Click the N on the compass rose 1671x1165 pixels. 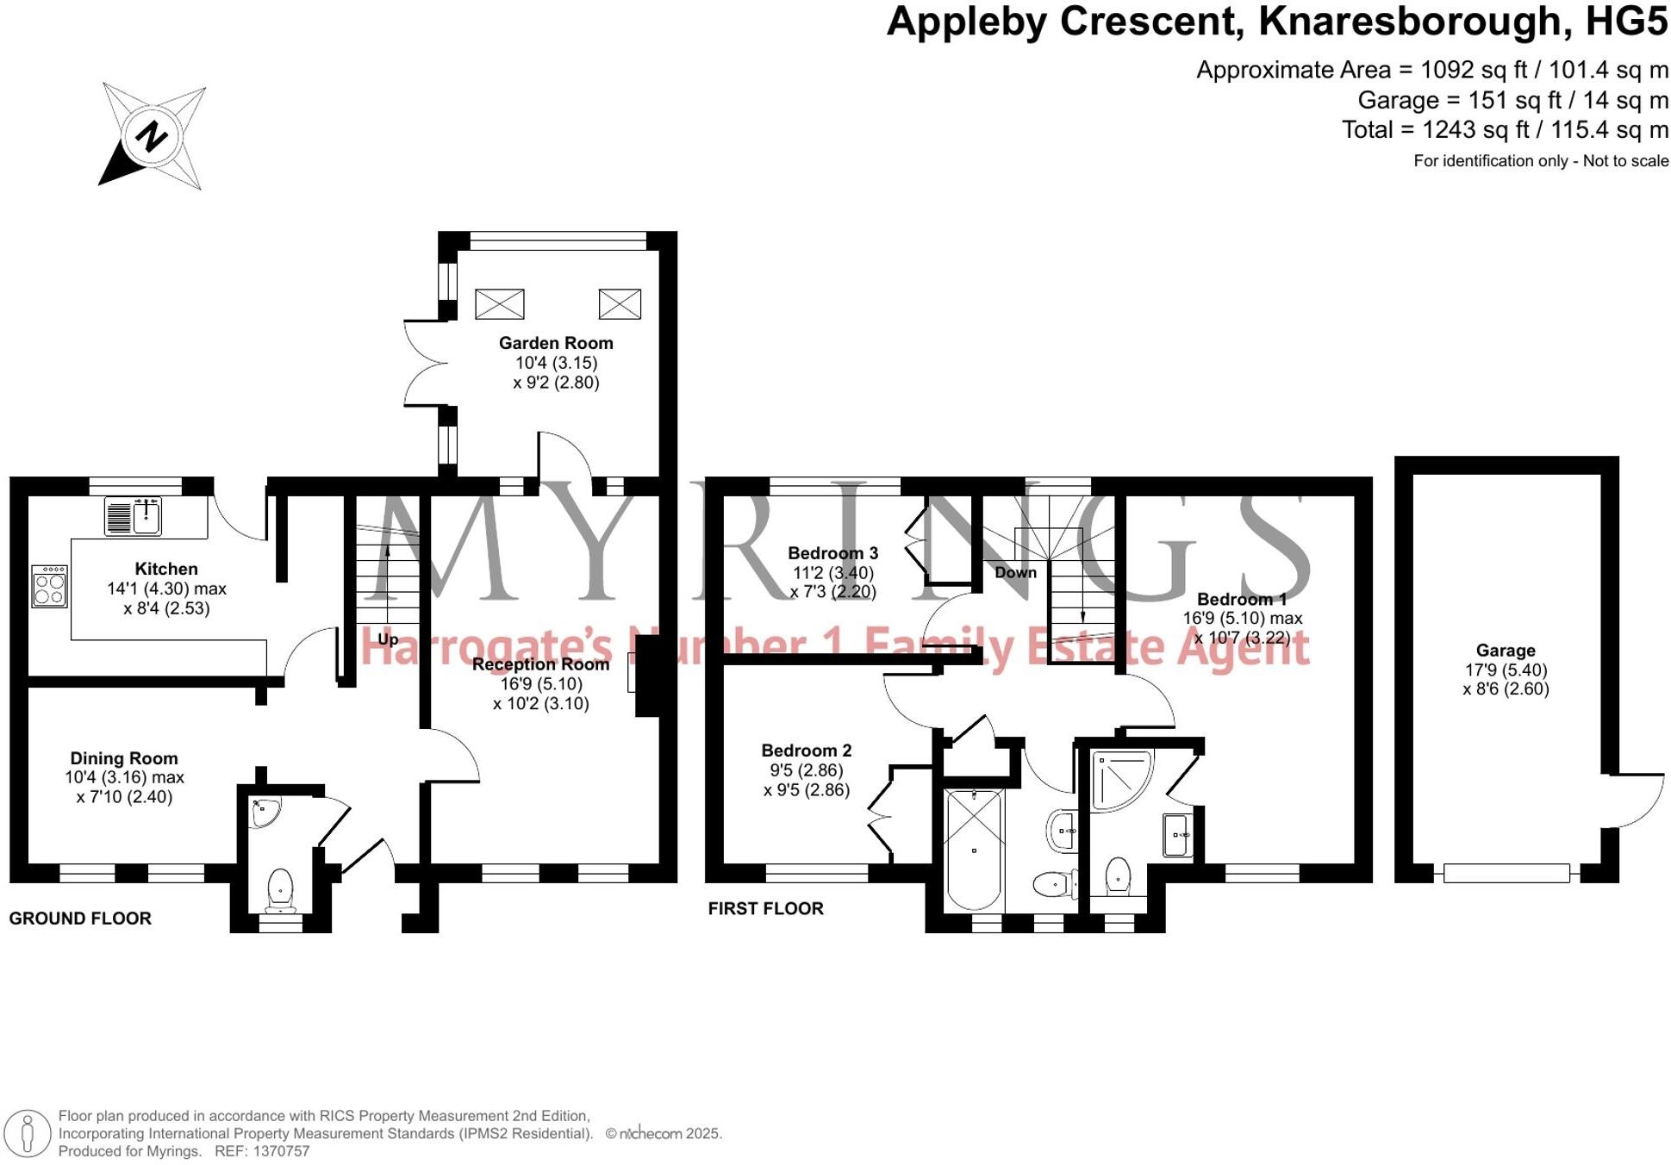point(152,136)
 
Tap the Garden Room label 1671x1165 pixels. point(556,343)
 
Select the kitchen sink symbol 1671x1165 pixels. point(134,515)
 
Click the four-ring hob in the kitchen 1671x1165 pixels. point(50,588)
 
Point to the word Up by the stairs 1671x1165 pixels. point(388,639)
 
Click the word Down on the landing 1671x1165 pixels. point(1015,572)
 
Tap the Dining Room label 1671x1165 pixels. point(124,758)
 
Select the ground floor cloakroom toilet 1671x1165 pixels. point(280,889)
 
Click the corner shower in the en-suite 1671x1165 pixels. point(1119,780)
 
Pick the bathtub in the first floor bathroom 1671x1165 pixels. point(975,849)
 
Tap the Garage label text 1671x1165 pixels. point(1505,651)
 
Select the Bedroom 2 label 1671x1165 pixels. point(806,751)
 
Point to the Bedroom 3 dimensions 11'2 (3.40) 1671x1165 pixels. point(832,573)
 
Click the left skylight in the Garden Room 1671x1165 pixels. point(499,304)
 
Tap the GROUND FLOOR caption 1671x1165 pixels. point(80,919)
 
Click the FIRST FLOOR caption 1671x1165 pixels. point(765,908)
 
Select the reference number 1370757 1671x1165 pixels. point(280,1151)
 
